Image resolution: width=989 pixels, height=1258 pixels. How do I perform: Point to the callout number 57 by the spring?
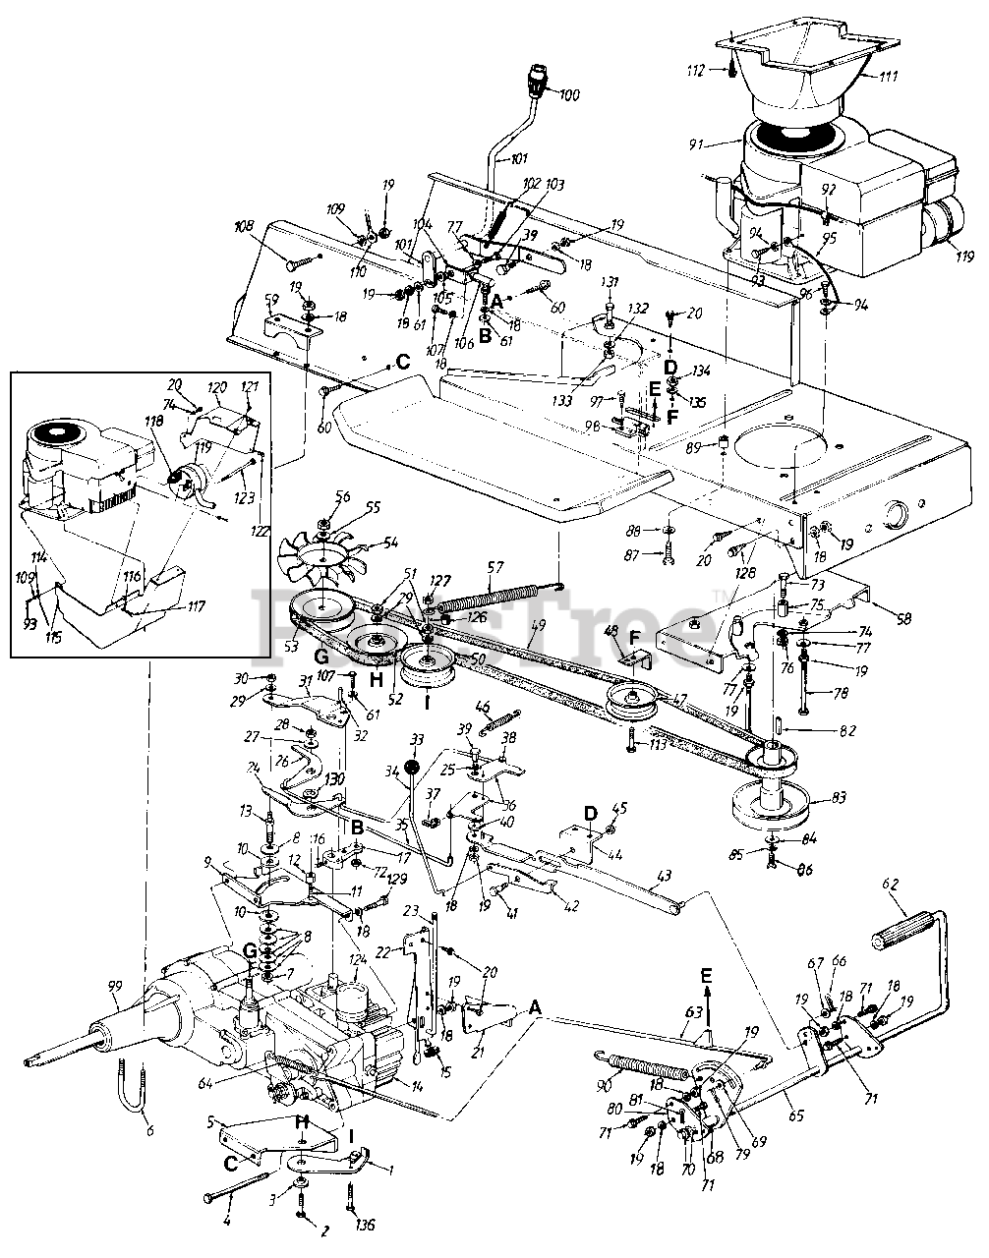tap(494, 567)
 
